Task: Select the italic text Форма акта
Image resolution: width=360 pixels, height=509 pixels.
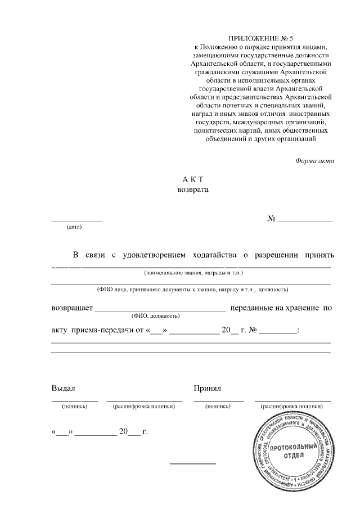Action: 314,161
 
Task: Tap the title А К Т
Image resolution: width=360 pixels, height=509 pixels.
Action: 192,180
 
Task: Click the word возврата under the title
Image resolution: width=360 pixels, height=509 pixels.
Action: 192,190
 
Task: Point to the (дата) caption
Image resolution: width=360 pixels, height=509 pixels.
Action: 74,227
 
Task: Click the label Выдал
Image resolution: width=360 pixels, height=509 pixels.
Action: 63,388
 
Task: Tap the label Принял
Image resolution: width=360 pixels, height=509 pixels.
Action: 208,388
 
